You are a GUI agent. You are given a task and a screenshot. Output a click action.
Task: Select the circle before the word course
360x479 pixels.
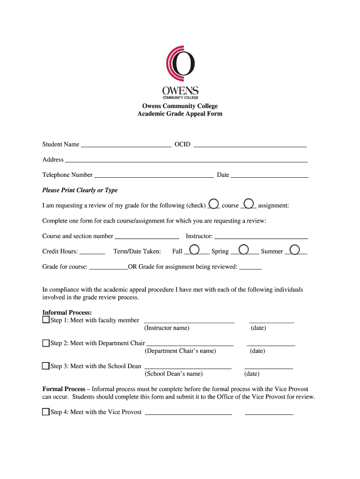click(x=214, y=203)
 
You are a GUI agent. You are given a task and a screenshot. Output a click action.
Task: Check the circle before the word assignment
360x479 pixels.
click(x=249, y=203)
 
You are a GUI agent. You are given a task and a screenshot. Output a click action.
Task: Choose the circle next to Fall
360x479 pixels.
click(x=195, y=249)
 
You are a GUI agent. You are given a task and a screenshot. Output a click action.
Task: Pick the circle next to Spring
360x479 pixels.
click(x=244, y=249)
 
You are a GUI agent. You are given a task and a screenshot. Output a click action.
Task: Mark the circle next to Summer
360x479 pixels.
click(x=295, y=249)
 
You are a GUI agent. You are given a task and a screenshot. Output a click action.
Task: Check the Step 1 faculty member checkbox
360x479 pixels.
click(x=46, y=320)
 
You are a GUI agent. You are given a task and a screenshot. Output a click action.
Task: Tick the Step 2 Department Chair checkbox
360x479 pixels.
click(x=46, y=343)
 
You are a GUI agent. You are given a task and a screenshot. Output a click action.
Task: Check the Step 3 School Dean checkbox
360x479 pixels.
click(x=46, y=366)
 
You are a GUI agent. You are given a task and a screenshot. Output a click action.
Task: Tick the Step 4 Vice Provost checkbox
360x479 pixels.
click(x=46, y=412)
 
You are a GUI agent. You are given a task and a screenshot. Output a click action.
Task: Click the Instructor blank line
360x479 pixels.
click(x=261, y=238)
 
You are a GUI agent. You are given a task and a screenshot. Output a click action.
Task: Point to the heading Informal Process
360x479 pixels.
click(x=67, y=312)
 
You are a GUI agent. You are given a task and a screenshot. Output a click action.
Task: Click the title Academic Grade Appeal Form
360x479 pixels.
click(x=180, y=114)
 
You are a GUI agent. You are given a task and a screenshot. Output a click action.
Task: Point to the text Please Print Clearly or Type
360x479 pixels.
click(x=80, y=190)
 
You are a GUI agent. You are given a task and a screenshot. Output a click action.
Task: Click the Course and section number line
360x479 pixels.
click(x=147, y=238)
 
